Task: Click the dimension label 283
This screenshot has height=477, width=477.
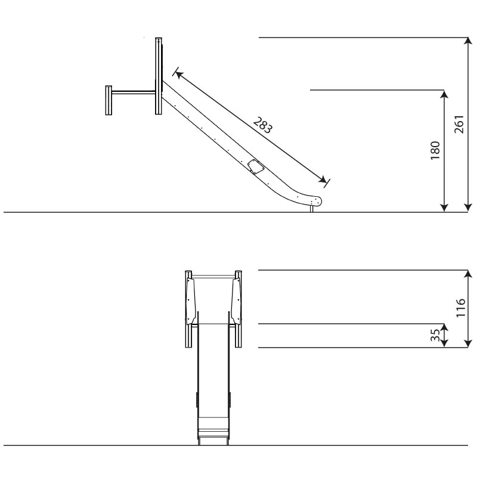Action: pyautogui.click(x=263, y=125)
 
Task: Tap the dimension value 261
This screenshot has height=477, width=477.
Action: pyautogui.click(x=459, y=124)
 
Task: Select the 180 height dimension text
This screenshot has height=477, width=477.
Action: pyautogui.click(x=435, y=150)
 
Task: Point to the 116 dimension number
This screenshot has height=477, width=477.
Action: pyautogui.click(x=460, y=308)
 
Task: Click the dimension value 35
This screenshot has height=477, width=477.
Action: pyautogui.click(x=435, y=335)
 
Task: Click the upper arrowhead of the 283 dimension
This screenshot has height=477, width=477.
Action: pyautogui.click(x=179, y=75)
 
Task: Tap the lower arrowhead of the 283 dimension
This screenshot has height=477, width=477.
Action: pyautogui.click(x=323, y=179)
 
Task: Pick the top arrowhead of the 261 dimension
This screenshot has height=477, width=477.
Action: pyautogui.click(x=468, y=41)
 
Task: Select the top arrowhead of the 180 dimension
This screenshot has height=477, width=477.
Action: pyautogui.click(x=444, y=94)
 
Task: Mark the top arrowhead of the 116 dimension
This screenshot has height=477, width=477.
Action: pyautogui.click(x=468, y=274)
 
